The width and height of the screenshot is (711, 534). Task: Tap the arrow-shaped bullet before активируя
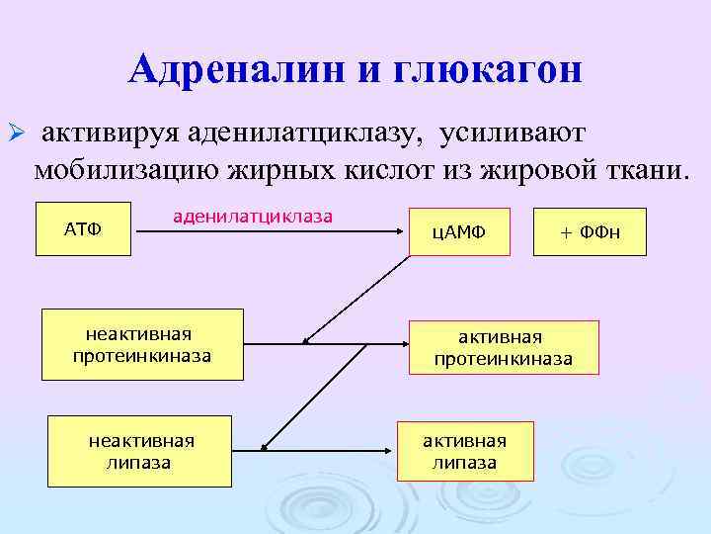point(15,133)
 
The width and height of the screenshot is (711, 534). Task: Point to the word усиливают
point(513,133)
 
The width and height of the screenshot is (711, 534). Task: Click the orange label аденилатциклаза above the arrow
point(253,215)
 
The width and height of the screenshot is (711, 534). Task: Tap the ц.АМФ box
point(460,232)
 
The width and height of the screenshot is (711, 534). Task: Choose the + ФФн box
point(590,232)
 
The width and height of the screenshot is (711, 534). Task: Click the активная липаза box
point(464,451)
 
